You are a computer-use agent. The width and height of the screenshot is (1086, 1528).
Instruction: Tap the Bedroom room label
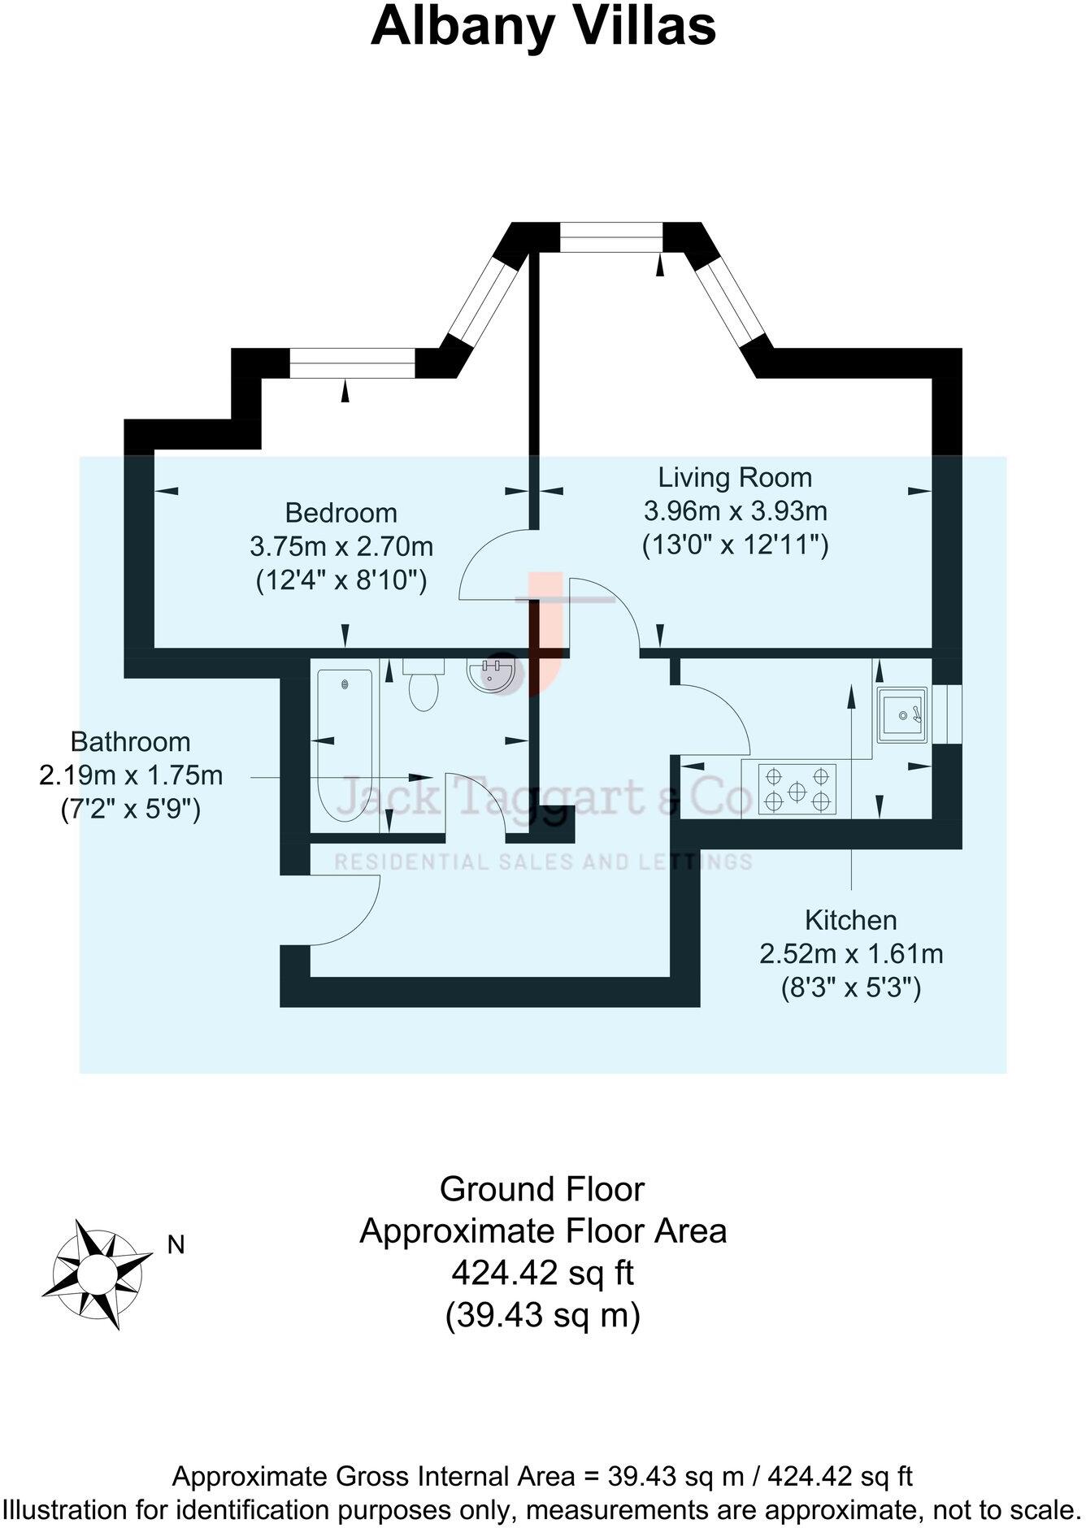pos(341,513)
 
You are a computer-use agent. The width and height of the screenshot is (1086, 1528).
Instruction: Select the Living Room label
pos(735,477)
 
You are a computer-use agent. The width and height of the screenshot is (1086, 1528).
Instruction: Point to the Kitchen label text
pos(851,920)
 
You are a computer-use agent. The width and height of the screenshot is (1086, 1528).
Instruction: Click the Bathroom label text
pos(131,741)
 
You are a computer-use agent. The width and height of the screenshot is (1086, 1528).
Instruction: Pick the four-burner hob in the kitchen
pos(797,789)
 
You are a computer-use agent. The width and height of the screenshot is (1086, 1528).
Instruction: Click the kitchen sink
pos(902,714)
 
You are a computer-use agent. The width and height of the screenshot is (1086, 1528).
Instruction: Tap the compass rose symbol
pos(96,1274)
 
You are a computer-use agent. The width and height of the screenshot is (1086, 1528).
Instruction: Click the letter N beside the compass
pos(176,1244)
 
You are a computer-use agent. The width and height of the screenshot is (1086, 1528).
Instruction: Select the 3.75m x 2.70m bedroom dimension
pos(341,546)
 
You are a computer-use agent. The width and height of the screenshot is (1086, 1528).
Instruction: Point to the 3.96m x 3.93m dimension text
pos(736,511)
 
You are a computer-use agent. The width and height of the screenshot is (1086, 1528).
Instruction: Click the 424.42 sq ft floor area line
pos(542,1273)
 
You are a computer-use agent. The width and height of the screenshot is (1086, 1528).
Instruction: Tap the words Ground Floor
pos(542,1189)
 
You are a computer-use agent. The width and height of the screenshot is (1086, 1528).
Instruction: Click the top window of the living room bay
pos(612,237)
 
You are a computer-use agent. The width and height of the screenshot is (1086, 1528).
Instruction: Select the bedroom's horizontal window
pos(353,363)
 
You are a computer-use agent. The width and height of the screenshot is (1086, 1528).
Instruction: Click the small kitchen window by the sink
pos(947,714)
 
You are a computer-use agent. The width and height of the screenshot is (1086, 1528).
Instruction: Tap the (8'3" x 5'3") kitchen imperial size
pos(851,988)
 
